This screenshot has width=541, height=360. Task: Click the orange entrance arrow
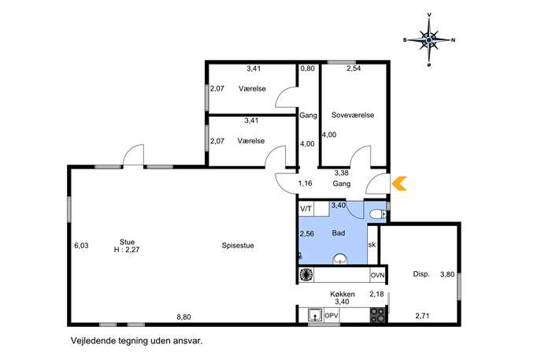(x=398, y=184)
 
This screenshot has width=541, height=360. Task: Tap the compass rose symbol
(x=429, y=40)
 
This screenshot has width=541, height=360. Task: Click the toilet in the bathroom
(x=377, y=215)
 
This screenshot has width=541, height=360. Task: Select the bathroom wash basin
(x=340, y=259)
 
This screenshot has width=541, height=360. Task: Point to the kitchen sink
(x=315, y=315)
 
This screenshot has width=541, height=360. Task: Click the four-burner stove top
(x=378, y=315)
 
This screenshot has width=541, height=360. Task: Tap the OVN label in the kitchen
(x=377, y=276)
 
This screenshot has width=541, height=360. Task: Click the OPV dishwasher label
(x=332, y=315)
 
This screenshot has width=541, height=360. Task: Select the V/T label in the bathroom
(x=306, y=209)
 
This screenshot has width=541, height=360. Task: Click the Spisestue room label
(x=238, y=246)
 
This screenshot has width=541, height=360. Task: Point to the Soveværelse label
(x=353, y=115)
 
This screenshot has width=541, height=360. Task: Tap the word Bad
(x=339, y=233)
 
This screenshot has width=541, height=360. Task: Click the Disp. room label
(x=421, y=274)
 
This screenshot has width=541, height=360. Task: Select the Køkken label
(x=343, y=294)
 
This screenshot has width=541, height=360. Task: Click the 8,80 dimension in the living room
(x=184, y=317)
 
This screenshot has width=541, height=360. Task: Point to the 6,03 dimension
(x=81, y=246)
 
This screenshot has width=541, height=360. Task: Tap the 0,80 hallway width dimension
(x=307, y=69)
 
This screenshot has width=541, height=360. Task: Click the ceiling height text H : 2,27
(x=127, y=250)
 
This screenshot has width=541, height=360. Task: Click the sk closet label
(x=372, y=245)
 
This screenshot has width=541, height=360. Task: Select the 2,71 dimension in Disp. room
(x=422, y=315)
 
